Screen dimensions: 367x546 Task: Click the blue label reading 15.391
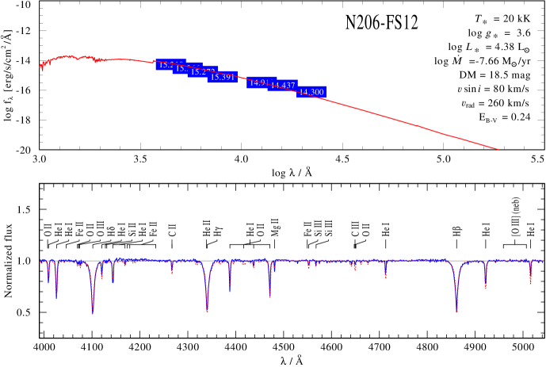point(223,77)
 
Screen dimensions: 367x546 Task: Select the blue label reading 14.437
point(283,86)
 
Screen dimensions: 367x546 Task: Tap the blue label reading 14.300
point(311,92)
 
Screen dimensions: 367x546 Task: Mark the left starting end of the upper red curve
point(41,70)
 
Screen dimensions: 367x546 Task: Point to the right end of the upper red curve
point(498,149)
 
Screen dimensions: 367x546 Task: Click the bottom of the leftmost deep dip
point(93,312)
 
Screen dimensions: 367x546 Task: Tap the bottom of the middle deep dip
point(208,311)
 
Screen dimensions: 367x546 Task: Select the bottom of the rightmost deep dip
point(456,310)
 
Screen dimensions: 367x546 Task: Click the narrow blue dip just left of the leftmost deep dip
point(56,296)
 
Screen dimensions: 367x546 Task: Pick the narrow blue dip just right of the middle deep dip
point(230,291)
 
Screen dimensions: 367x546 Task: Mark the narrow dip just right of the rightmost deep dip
point(486,288)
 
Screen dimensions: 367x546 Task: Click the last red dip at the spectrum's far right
point(531,283)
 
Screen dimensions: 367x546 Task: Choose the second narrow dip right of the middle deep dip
point(270,296)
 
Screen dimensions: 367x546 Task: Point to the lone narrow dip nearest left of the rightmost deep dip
point(386,277)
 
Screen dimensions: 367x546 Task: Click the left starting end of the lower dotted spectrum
point(40,260)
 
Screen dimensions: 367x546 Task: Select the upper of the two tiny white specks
point(457,97)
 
